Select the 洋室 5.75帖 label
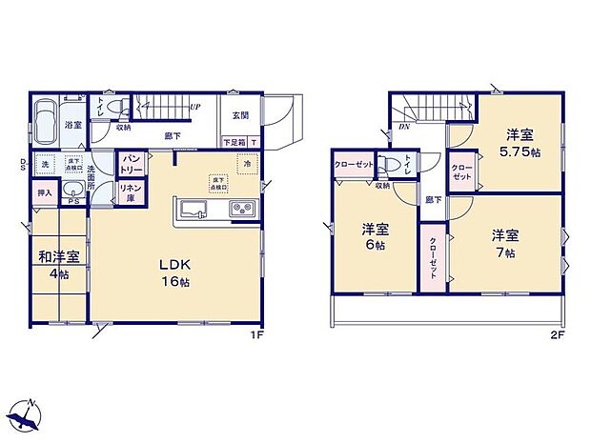[523, 142]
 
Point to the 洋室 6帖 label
[375, 236]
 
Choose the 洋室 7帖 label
[504, 243]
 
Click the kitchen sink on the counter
[192, 210]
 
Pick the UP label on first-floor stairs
[194, 107]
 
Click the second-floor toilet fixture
[391, 164]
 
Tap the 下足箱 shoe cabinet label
[233, 142]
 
